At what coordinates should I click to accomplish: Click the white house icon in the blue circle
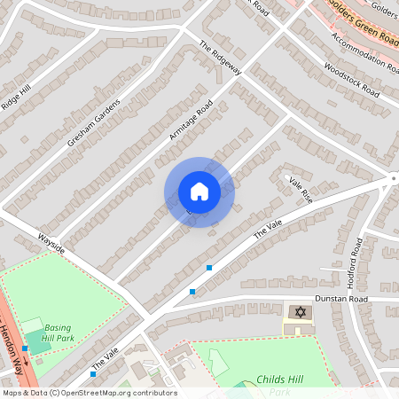coord(199,192)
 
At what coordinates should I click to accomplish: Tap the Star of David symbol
coord(300,313)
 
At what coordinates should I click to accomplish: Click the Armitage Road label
coord(192,120)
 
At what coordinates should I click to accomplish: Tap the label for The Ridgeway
coord(221,60)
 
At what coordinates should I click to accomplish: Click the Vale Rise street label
coord(301,188)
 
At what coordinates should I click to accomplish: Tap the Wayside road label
coord(51,244)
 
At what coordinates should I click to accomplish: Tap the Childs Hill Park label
coord(279,379)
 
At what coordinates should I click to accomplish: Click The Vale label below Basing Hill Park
coord(104,359)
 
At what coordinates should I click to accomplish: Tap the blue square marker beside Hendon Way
coord(26,348)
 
